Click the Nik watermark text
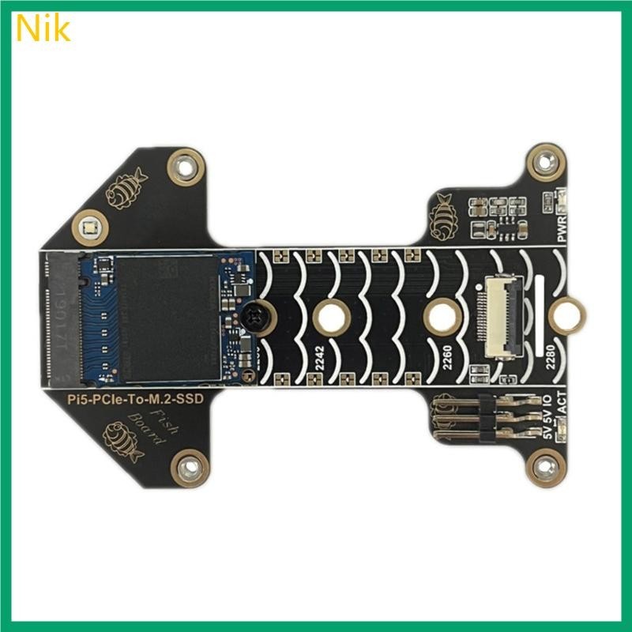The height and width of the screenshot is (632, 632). (x=43, y=28)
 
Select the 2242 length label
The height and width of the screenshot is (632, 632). (x=319, y=360)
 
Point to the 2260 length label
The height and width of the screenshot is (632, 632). (x=447, y=360)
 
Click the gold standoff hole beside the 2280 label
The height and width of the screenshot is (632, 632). (x=566, y=317)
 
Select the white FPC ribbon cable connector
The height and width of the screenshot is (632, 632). (x=499, y=313)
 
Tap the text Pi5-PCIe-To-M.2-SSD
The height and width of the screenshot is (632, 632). (x=133, y=401)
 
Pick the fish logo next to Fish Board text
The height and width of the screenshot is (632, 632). (x=122, y=441)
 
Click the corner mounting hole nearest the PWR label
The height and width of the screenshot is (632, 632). (x=544, y=164)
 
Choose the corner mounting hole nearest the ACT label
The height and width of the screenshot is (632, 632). (x=544, y=467)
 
